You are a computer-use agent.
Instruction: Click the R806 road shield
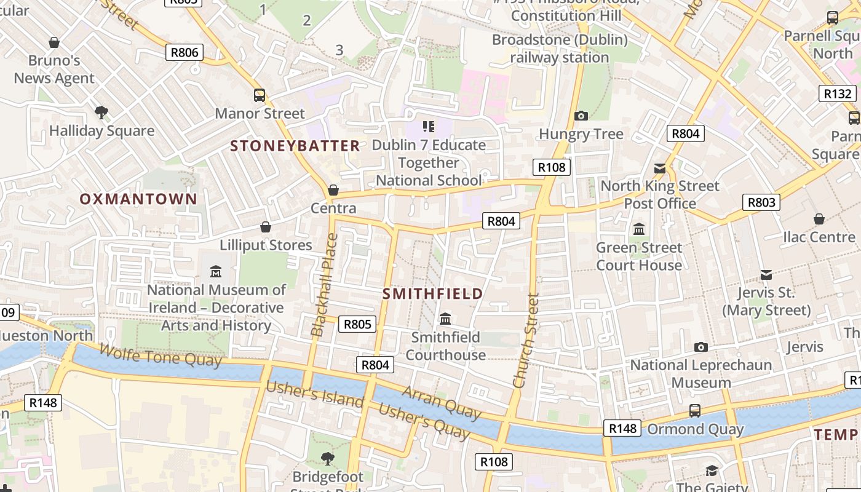[x=184, y=52]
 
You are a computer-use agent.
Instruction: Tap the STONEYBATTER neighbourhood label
[x=295, y=146]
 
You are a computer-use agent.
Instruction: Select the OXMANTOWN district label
[x=138, y=199]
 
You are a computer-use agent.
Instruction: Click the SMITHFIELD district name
[x=433, y=293]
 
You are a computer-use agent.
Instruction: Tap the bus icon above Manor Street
[x=260, y=95]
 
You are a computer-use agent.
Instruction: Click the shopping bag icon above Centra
[x=333, y=190]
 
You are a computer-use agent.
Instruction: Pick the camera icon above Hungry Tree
[x=581, y=116]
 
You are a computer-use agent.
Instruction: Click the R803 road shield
[x=761, y=202]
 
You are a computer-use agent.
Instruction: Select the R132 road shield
[x=838, y=93]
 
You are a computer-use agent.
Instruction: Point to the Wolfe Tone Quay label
[x=160, y=355]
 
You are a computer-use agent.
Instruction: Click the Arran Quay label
[x=441, y=403]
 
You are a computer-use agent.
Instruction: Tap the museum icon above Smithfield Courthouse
[x=445, y=319]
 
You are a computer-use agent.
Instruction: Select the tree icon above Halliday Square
[x=101, y=113]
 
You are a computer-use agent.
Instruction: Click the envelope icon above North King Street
[x=660, y=168]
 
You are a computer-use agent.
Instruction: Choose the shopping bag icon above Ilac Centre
[x=819, y=219]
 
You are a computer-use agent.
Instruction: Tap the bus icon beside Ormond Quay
[x=695, y=410]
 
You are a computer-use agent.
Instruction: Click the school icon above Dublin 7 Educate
[x=429, y=127]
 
